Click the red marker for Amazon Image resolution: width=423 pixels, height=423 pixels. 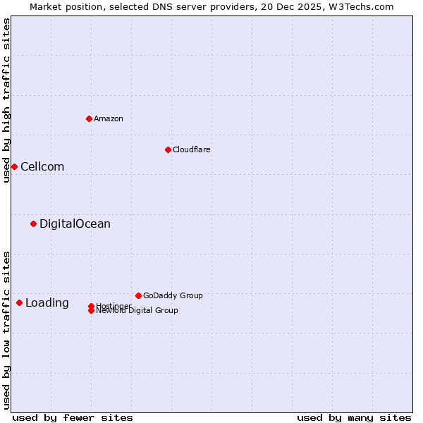[x=89, y=118]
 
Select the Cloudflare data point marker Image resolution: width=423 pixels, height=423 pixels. [x=168, y=149]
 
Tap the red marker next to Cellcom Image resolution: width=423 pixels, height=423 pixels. [x=14, y=166]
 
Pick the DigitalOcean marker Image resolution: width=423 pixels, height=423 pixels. [x=33, y=224]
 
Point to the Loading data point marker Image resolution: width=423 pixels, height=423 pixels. [x=19, y=303]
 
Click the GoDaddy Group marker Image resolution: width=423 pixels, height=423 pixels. [x=138, y=295]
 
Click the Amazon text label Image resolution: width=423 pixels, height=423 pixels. [x=109, y=118]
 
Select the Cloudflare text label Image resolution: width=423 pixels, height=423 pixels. [x=192, y=149]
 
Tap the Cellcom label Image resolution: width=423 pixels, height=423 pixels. [x=42, y=166]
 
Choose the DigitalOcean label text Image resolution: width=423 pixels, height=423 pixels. [x=75, y=224]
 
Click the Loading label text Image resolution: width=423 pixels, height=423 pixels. [x=47, y=303]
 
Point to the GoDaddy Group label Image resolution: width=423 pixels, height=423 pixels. [x=173, y=295]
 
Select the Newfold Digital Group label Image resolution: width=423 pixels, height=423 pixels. [x=137, y=311]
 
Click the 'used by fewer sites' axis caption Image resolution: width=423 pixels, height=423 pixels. [x=73, y=417]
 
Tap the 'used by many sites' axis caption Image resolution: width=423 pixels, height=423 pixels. [x=354, y=417]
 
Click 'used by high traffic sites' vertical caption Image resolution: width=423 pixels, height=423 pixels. [x=7, y=100]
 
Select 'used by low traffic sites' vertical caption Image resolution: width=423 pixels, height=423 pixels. [x=7, y=330]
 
